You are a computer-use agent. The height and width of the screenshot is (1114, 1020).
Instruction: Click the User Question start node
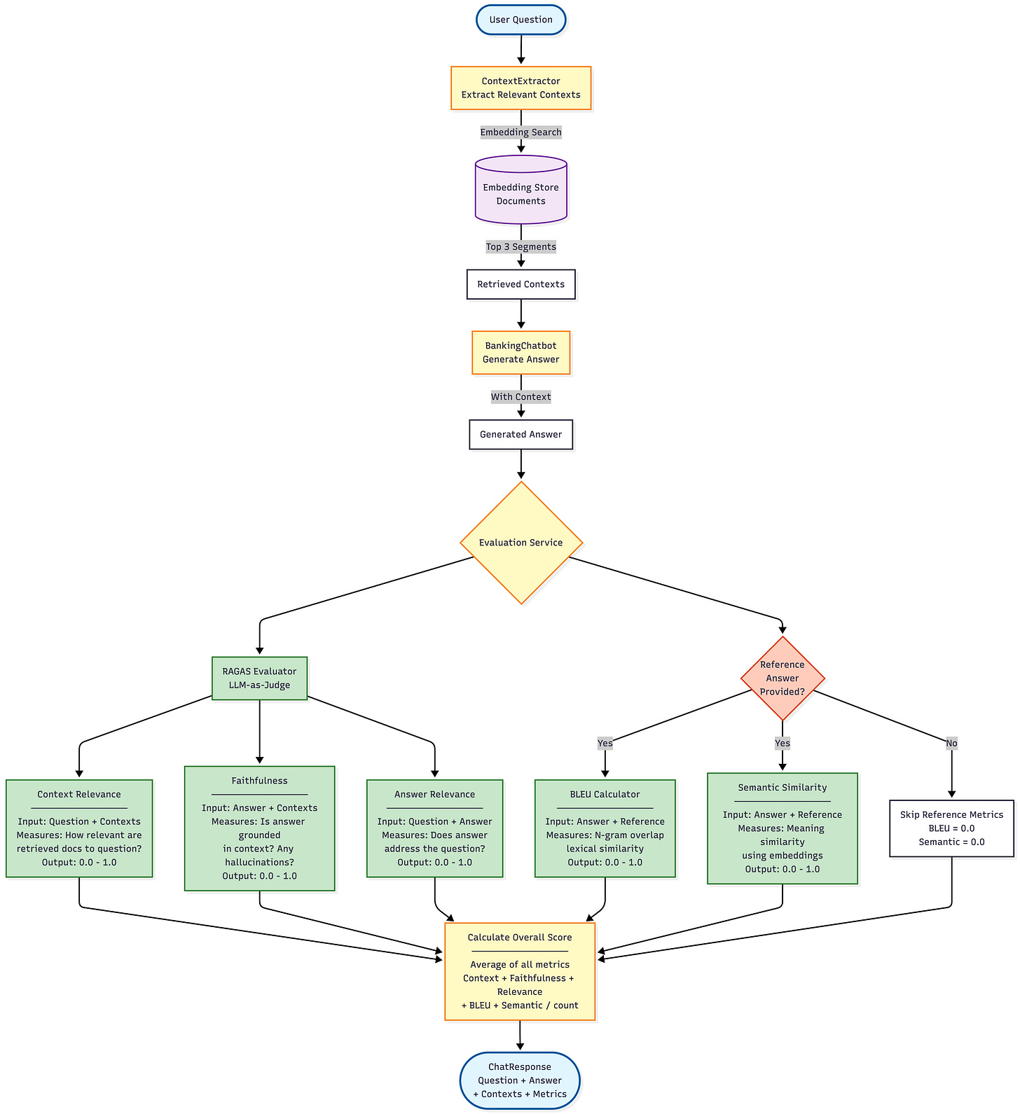(x=521, y=20)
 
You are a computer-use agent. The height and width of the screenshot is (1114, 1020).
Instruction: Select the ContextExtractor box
(x=521, y=88)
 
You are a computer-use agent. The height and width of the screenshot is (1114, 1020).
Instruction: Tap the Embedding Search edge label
(x=521, y=132)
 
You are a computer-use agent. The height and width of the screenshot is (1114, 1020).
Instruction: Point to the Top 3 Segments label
(x=521, y=246)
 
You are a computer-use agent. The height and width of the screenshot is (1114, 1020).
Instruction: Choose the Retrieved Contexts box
(x=521, y=284)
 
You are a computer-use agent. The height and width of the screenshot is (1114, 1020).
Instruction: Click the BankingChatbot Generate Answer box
(x=521, y=353)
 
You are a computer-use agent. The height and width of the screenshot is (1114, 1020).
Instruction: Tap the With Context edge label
(x=521, y=397)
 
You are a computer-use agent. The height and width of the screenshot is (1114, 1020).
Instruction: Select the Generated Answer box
(x=521, y=435)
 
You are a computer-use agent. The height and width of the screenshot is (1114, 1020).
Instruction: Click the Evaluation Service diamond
(x=521, y=543)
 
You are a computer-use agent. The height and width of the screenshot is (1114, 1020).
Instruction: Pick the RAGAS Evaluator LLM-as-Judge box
(x=259, y=678)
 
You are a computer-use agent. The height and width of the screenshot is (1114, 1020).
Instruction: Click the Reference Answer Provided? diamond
(x=782, y=678)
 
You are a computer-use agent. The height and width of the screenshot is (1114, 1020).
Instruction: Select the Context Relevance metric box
(x=79, y=828)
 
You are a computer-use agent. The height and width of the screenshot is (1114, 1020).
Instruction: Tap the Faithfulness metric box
(x=259, y=828)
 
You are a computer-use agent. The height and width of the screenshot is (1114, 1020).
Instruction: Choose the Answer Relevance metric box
(x=434, y=828)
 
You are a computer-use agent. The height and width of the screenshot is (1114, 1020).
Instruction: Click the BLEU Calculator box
(x=605, y=828)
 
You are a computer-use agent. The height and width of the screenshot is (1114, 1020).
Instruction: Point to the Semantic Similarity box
(x=782, y=828)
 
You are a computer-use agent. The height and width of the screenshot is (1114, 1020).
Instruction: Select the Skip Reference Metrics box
(x=951, y=828)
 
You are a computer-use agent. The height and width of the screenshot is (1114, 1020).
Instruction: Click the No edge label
(x=951, y=744)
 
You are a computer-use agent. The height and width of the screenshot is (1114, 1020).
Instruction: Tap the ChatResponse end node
(x=520, y=1080)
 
